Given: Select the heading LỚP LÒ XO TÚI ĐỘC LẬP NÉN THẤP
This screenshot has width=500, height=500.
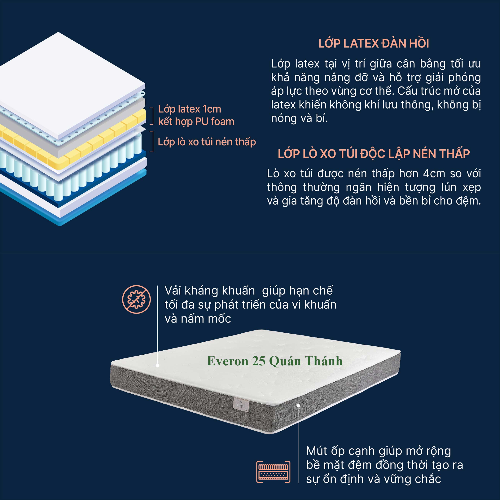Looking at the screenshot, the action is click(x=374, y=154).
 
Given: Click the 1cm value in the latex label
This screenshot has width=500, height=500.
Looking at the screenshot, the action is click(x=212, y=109).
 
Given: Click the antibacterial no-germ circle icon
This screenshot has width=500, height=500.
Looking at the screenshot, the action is click(x=136, y=299).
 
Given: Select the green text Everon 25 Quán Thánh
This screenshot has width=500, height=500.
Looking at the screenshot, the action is click(x=275, y=361).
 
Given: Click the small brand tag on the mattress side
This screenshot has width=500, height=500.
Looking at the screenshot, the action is click(x=241, y=405).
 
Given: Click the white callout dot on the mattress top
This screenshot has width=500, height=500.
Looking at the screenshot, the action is click(x=157, y=365).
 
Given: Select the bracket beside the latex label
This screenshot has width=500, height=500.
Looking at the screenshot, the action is click(x=152, y=116).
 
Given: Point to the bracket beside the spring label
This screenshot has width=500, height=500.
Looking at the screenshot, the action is click(x=152, y=142).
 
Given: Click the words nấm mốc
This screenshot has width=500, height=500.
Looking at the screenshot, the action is click(x=206, y=319).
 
